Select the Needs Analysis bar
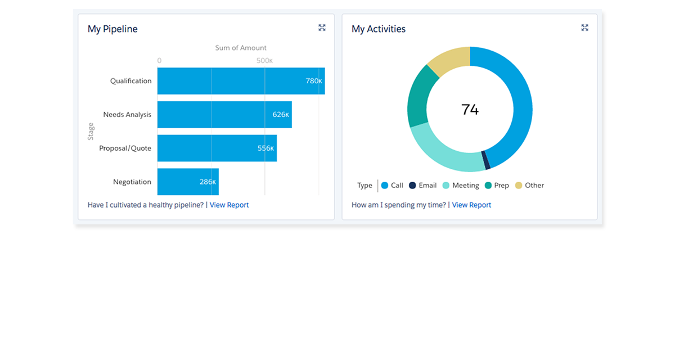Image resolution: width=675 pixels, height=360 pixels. tap(224, 115)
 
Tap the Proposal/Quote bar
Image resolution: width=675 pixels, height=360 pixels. tap(217, 148)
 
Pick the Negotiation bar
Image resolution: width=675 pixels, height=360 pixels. tap(188, 182)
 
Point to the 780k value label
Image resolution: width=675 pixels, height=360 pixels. tap(314, 81)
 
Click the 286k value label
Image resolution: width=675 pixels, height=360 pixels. tap(208, 182)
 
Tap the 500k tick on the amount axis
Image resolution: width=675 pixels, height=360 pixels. tap(264, 61)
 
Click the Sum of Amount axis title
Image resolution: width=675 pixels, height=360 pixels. tap(241, 48)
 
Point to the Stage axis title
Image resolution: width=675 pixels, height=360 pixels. tap(91, 132)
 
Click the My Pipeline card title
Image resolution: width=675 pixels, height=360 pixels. tap(112, 29)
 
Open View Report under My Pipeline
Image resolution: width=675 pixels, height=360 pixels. tap(229, 205)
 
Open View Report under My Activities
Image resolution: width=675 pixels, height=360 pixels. tap(471, 205)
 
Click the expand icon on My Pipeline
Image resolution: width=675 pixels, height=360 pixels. tap(322, 28)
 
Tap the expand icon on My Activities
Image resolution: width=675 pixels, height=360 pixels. tap(584, 28)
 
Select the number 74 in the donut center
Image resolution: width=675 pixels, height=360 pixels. tap(470, 110)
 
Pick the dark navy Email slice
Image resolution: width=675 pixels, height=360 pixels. tap(487, 160)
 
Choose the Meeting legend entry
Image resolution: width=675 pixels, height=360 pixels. tap(461, 186)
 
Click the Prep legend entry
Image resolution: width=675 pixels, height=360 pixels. tap(497, 186)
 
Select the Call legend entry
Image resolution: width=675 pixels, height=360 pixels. tap(392, 186)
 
